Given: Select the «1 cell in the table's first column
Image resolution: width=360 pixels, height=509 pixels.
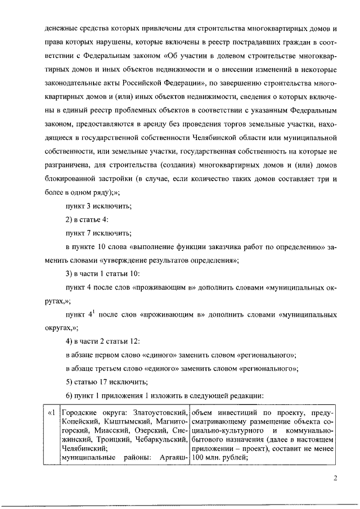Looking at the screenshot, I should pyautogui.click(x=51, y=415).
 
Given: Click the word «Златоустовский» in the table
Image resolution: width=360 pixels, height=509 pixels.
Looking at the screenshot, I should pyautogui.click(x=160, y=415).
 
